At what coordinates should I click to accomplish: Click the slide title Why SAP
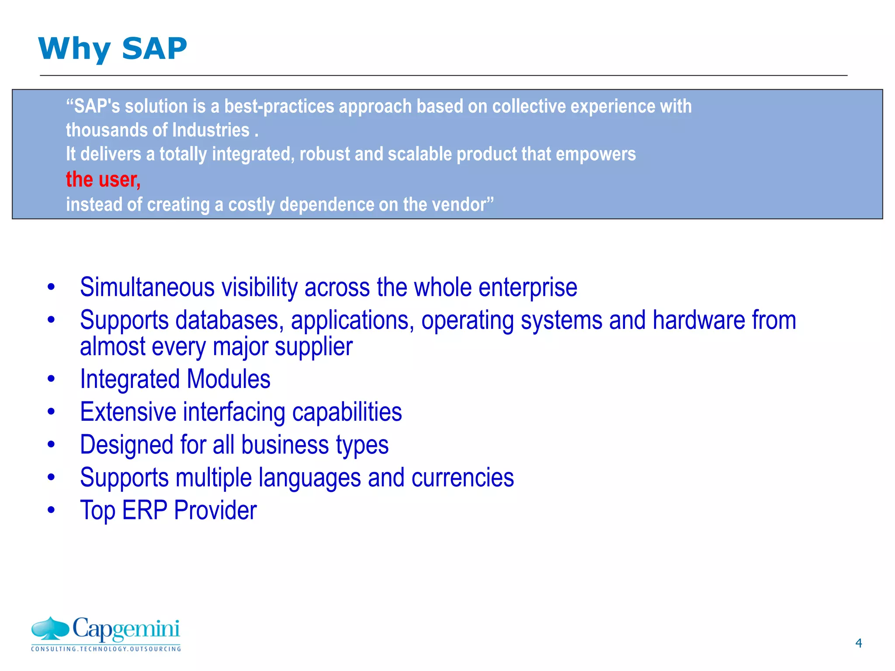coord(112,48)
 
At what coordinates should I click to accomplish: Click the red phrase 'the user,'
coord(103,180)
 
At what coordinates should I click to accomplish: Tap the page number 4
coord(858,643)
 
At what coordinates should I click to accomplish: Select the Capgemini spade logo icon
coord(50,628)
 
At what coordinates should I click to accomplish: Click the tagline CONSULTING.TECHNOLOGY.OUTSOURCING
coord(106,649)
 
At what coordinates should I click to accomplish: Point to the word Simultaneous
coord(147,287)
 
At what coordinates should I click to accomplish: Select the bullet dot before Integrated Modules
coord(52,379)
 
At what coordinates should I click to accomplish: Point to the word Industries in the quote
coord(211,130)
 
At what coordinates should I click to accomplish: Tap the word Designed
coord(127,445)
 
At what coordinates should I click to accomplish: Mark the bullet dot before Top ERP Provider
coord(52,510)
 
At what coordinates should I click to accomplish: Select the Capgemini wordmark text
coord(126,629)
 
